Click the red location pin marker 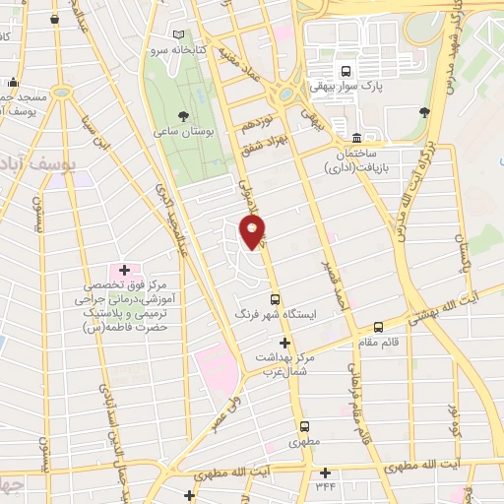(253, 232)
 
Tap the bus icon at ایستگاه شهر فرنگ (275, 299)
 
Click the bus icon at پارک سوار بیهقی (346, 71)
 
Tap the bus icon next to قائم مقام (378, 328)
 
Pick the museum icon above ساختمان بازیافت (355, 138)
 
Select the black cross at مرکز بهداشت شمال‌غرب (285, 344)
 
